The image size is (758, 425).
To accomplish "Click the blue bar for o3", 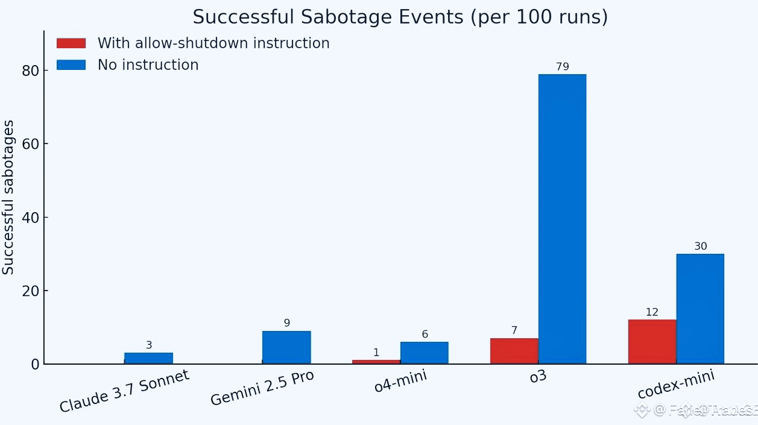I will point(562,219).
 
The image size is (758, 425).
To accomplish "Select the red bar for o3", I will point(514,351).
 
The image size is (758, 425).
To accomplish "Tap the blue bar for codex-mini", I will point(700,309).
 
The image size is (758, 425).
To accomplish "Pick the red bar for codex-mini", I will point(652,342).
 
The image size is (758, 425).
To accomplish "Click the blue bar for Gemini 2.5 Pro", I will point(286,347).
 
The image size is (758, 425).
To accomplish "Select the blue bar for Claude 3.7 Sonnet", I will point(148,358).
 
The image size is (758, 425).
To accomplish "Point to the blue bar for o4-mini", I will point(424,353).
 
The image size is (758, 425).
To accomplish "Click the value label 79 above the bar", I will point(562,67).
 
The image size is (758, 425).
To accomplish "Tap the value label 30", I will point(700,247).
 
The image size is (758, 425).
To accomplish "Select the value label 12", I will point(652,312).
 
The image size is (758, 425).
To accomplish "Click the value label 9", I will point(287,323).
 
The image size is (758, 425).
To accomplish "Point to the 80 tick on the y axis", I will point(31,71).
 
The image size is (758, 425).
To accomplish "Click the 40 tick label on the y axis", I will point(31,218).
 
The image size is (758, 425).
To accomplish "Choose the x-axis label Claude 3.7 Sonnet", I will point(124,391).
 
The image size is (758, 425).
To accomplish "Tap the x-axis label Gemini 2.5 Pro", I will point(262,388).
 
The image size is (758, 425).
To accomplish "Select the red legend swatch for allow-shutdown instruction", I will point(71,43).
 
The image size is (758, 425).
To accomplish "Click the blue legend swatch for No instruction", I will point(71,65).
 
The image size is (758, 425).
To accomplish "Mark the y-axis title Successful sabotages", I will point(8,197).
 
